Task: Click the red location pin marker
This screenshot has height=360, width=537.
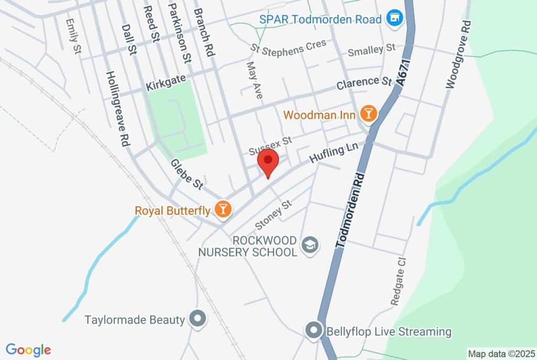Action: (269, 160)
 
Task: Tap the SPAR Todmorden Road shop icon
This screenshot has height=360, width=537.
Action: (394, 19)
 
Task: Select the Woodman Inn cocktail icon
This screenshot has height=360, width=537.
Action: (369, 114)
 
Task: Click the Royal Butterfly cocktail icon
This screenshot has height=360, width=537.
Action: (224, 210)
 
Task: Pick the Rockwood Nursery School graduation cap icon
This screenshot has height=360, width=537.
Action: (310, 245)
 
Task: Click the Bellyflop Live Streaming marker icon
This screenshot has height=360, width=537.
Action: (314, 331)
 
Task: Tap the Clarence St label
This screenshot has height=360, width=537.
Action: (365, 83)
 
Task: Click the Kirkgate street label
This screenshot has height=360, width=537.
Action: (166, 83)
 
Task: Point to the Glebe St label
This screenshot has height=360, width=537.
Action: (187, 174)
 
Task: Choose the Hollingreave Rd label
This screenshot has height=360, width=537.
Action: (118, 108)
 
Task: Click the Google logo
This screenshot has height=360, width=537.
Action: (28, 350)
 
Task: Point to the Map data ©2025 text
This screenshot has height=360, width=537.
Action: (501, 354)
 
